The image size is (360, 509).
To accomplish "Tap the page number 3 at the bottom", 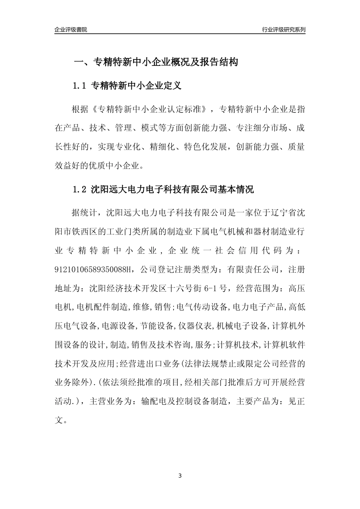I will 180,475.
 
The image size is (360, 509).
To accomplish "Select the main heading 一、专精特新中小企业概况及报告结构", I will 155,62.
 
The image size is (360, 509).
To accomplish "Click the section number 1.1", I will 80,86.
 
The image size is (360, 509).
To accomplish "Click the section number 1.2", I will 80,189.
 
